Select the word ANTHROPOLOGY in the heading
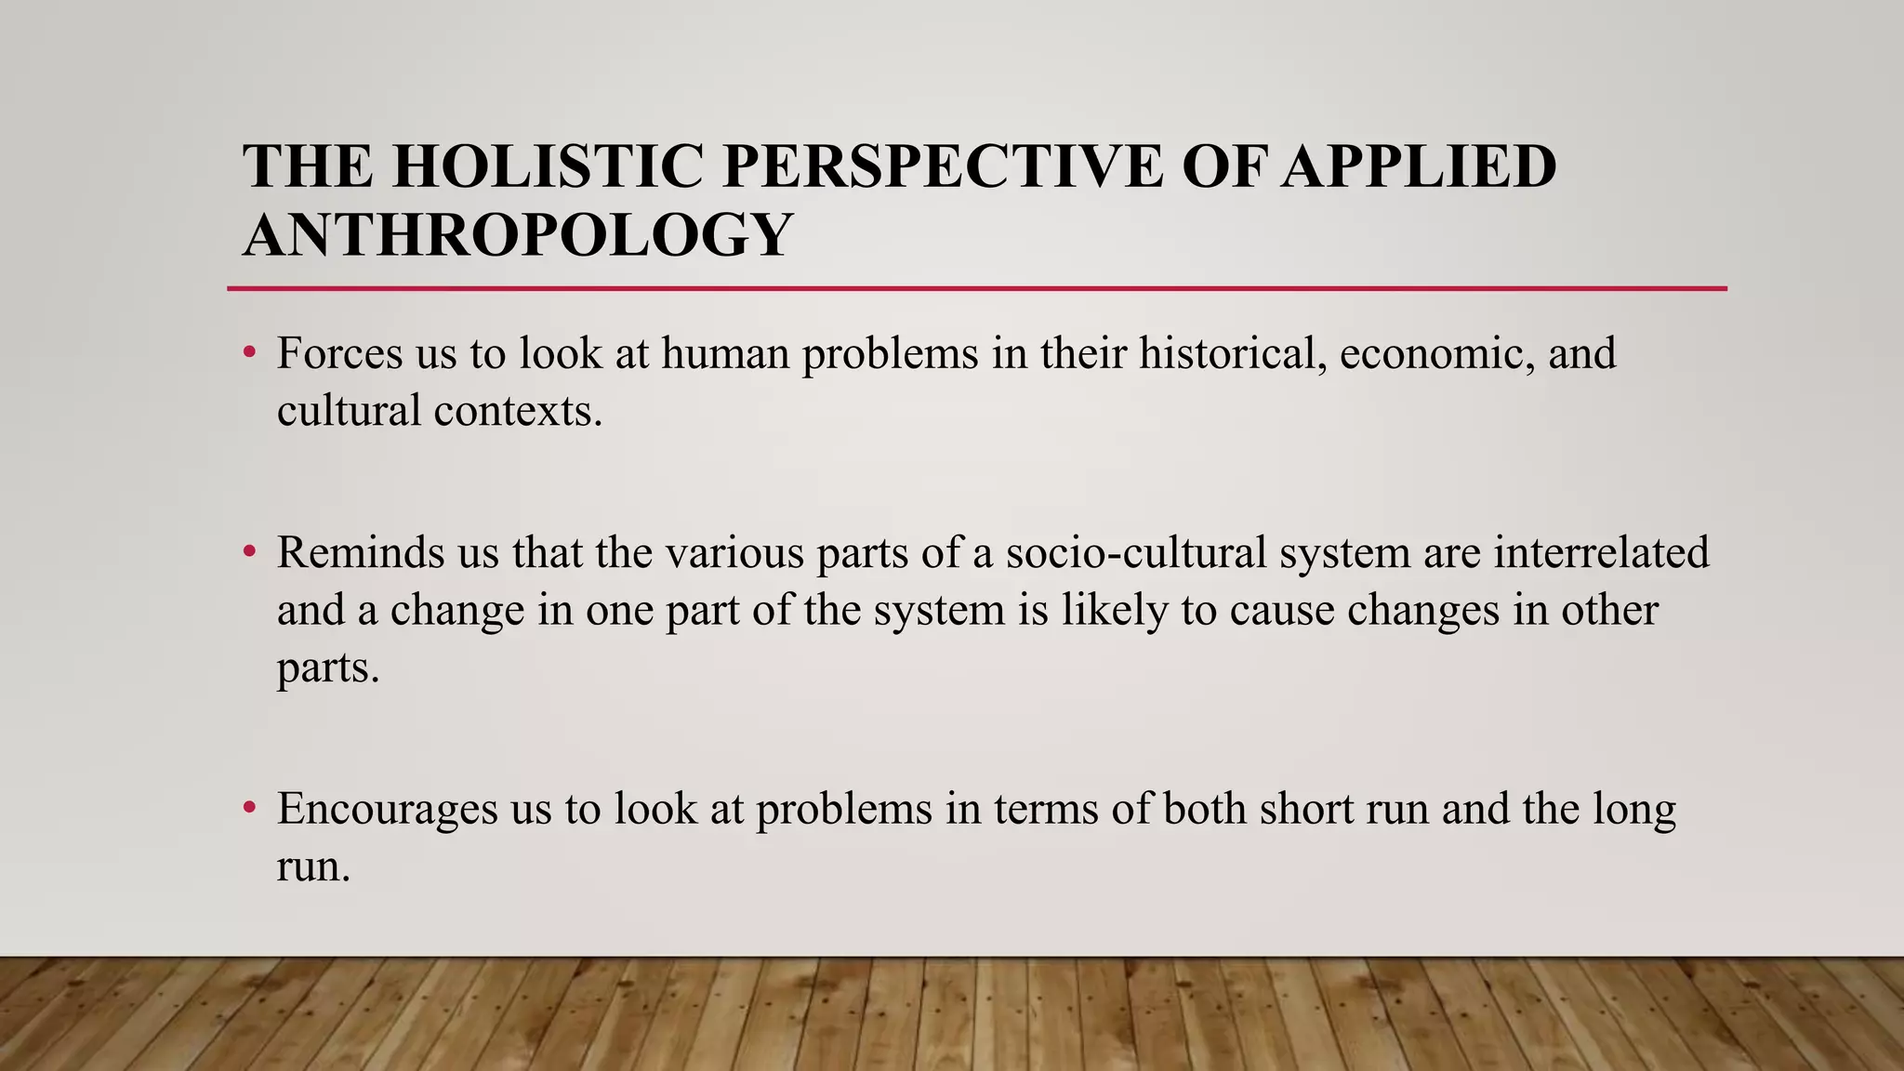point(518,234)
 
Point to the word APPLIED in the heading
point(1418,167)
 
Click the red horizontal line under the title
point(976,289)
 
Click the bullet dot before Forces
point(248,353)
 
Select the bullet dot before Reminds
point(248,552)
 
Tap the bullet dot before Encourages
point(248,808)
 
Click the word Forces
point(339,354)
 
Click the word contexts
point(518,411)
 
